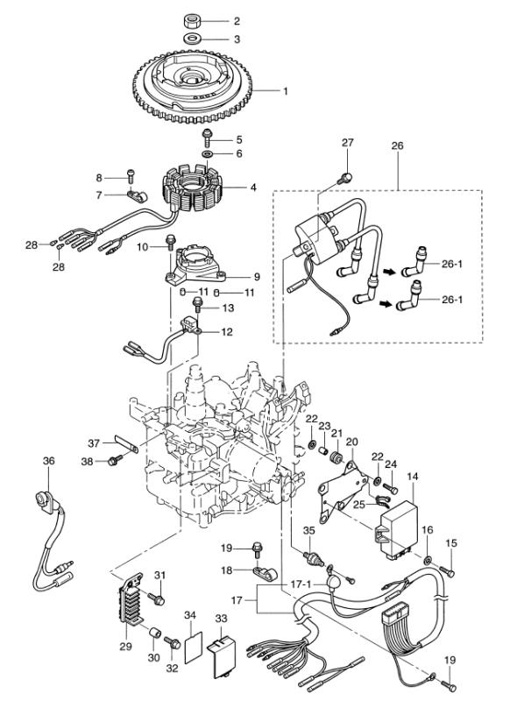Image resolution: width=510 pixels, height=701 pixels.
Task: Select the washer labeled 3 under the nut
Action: point(192,38)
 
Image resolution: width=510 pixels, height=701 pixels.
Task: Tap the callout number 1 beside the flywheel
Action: point(285,91)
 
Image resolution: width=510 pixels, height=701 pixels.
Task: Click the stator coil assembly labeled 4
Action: point(193,188)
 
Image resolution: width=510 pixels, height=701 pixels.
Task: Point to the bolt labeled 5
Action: point(207,138)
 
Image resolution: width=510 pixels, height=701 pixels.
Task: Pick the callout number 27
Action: point(348,142)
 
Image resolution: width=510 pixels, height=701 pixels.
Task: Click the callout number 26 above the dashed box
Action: point(397,145)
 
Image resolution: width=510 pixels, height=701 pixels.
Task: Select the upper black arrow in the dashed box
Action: point(389,272)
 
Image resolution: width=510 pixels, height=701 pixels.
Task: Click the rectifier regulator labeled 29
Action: point(130,600)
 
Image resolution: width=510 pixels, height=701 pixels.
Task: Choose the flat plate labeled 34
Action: point(193,647)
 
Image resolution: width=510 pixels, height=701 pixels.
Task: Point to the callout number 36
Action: point(49,460)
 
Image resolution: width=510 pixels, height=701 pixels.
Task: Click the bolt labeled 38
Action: point(116,459)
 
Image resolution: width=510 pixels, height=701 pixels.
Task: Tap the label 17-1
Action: point(301,584)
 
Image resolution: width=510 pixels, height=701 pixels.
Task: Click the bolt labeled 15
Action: point(448,570)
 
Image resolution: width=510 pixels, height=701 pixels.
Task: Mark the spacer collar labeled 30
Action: point(155,633)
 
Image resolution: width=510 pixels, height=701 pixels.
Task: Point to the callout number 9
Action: point(256,277)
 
